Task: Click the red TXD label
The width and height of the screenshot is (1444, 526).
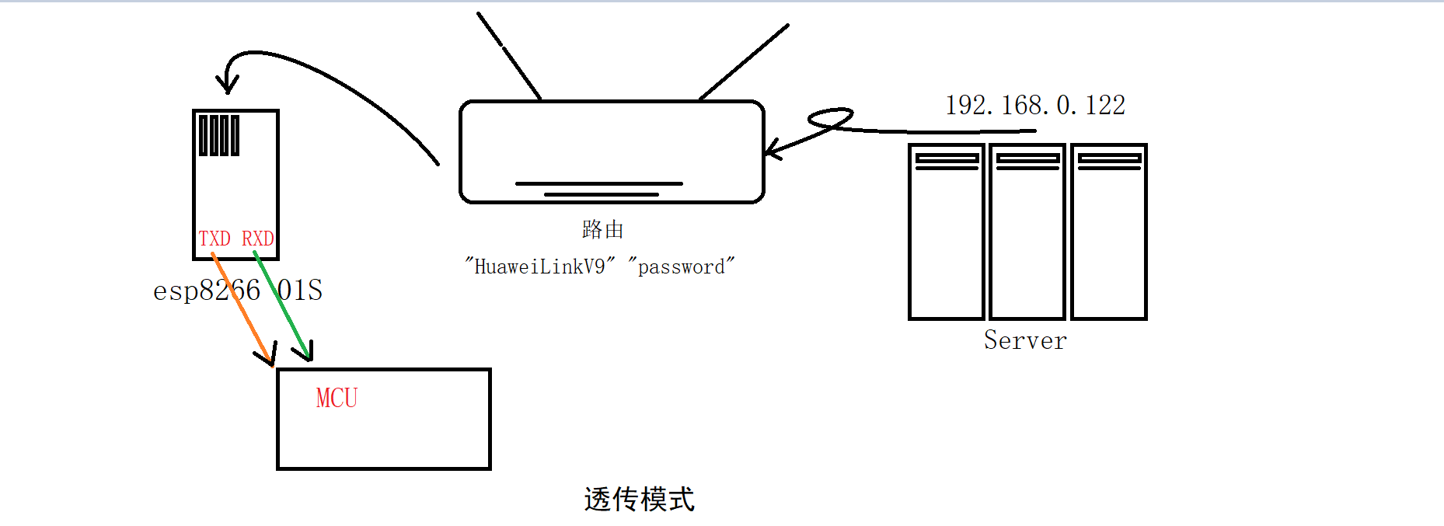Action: point(215,239)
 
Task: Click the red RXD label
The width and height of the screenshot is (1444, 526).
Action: point(257,239)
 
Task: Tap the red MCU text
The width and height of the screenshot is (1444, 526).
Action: point(337,399)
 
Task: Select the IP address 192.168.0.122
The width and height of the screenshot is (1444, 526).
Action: point(1035,106)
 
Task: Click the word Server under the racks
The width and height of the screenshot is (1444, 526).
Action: point(1025,340)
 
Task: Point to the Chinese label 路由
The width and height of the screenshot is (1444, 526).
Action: point(602,229)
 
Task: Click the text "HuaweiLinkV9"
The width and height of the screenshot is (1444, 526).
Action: point(539,266)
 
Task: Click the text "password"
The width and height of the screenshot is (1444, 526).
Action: point(681,266)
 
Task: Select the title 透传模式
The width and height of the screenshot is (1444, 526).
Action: point(639,500)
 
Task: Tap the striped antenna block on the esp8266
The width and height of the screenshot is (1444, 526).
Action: point(219,135)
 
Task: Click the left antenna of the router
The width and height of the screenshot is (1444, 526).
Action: point(509,56)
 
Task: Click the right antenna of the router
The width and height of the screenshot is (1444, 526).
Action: point(745,61)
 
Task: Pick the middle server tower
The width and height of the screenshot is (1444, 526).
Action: point(1027,233)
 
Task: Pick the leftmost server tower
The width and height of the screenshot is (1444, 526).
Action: point(947,233)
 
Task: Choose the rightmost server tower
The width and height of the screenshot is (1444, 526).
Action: point(1109,233)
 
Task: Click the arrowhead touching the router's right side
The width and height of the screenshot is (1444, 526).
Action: point(772,149)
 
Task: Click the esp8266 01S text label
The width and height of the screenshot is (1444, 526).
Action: point(238,291)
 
